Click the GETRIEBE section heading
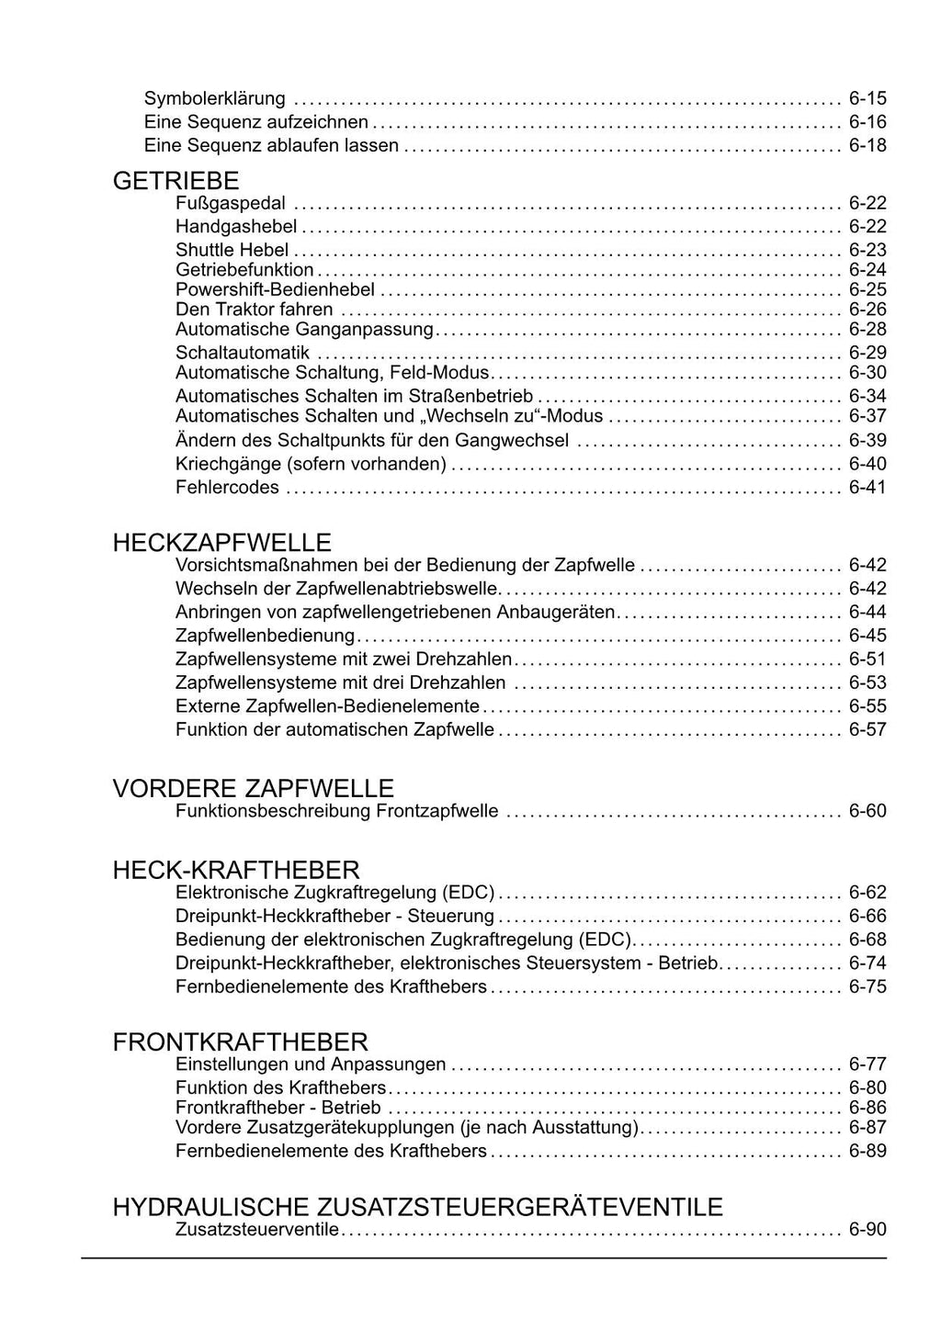coord(176,181)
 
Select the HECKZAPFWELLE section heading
coord(221,543)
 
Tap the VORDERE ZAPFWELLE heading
coord(253,788)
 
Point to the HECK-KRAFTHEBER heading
coord(236,870)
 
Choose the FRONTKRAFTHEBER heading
coord(240,1042)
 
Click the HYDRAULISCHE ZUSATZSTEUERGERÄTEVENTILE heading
coord(417,1207)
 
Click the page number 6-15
coord(867,99)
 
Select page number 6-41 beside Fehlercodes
coord(867,488)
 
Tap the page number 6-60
coord(867,811)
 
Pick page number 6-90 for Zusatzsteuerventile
coord(867,1230)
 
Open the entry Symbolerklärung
coord(215,99)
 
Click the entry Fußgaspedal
coord(231,204)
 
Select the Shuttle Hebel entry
coord(232,250)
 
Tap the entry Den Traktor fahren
coord(255,310)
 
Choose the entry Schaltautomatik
coord(243,353)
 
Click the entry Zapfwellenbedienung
coord(265,636)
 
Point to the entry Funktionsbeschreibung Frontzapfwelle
coord(337,811)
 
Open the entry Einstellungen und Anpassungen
coord(311,1065)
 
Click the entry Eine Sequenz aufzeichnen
coord(256,122)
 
